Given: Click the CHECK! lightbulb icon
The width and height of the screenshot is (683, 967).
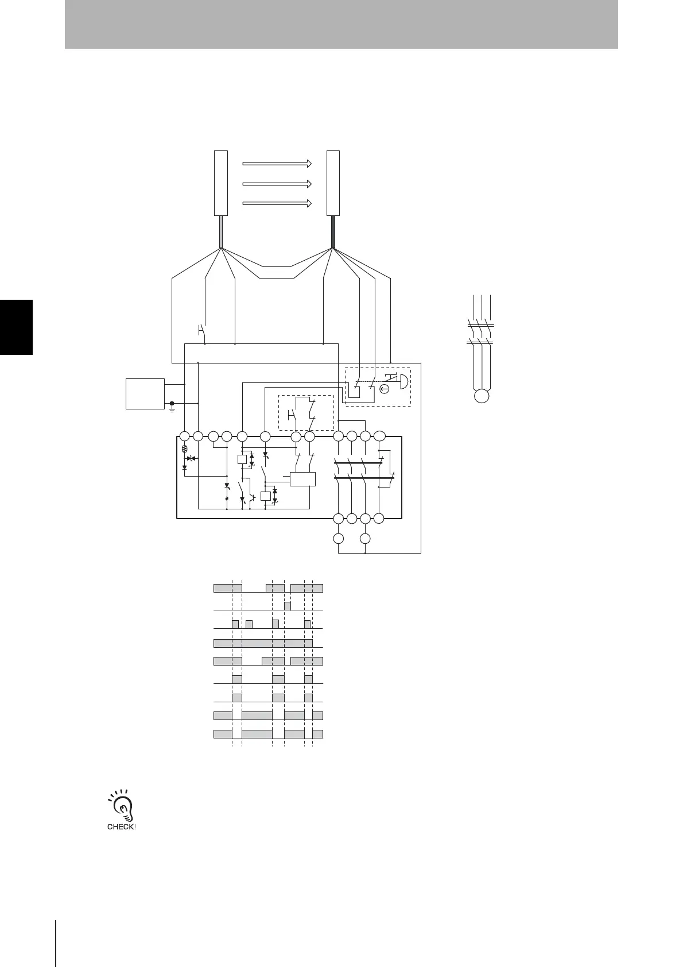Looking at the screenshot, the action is click(122, 809).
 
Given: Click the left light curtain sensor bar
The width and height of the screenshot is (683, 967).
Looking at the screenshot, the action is click(221, 183).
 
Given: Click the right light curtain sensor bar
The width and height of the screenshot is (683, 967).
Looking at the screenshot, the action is click(333, 183).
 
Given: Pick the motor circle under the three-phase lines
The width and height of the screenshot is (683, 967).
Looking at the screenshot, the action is click(481, 396).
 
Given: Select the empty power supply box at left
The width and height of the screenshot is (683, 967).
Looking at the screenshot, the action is click(145, 393).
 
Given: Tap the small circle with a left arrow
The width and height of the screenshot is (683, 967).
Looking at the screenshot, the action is click(385, 389).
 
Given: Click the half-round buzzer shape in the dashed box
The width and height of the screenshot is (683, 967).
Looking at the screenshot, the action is click(404, 381).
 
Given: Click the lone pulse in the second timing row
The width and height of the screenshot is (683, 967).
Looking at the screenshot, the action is click(288, 606).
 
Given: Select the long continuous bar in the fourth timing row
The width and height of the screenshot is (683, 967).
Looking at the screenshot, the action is click(263, 643).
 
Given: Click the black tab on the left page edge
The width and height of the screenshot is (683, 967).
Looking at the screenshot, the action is click(16, 327).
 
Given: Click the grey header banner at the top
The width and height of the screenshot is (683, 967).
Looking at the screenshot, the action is click(341, 24).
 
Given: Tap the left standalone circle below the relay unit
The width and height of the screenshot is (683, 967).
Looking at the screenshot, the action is click(339, 539).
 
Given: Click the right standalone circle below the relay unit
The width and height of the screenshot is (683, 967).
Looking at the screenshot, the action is click(366, 539).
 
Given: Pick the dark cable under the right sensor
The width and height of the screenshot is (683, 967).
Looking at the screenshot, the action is click(333, 231).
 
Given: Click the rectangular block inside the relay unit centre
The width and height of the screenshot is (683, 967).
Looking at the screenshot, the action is click(303, 479).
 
